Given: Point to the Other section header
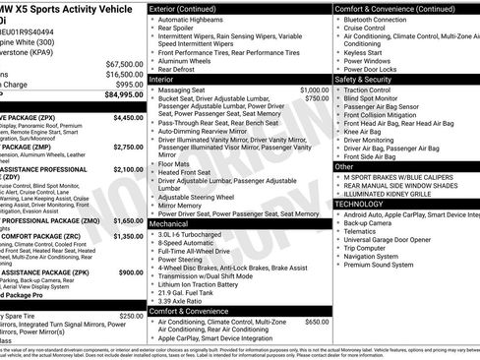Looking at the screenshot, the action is (345, 166).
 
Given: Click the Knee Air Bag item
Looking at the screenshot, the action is (366, 130).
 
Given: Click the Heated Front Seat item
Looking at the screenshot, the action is (189, 172).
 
